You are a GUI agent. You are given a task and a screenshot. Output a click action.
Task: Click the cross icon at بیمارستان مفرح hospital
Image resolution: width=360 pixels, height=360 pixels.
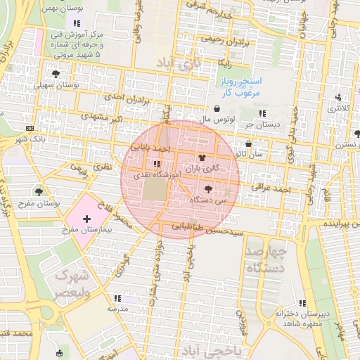coord(86,220)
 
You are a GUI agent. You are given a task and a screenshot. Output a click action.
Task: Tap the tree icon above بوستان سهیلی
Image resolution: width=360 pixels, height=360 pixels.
coord(56,73)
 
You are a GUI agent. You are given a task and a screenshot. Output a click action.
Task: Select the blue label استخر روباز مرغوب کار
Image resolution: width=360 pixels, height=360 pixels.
coord(238,88)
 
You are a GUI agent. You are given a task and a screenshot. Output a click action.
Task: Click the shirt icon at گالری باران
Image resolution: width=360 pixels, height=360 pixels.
coord(202,157)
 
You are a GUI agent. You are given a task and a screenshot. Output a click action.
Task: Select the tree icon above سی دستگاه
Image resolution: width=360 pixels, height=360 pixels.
coord(207,188)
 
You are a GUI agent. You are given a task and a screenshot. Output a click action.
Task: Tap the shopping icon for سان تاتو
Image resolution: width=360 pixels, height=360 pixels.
coord(248,143)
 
